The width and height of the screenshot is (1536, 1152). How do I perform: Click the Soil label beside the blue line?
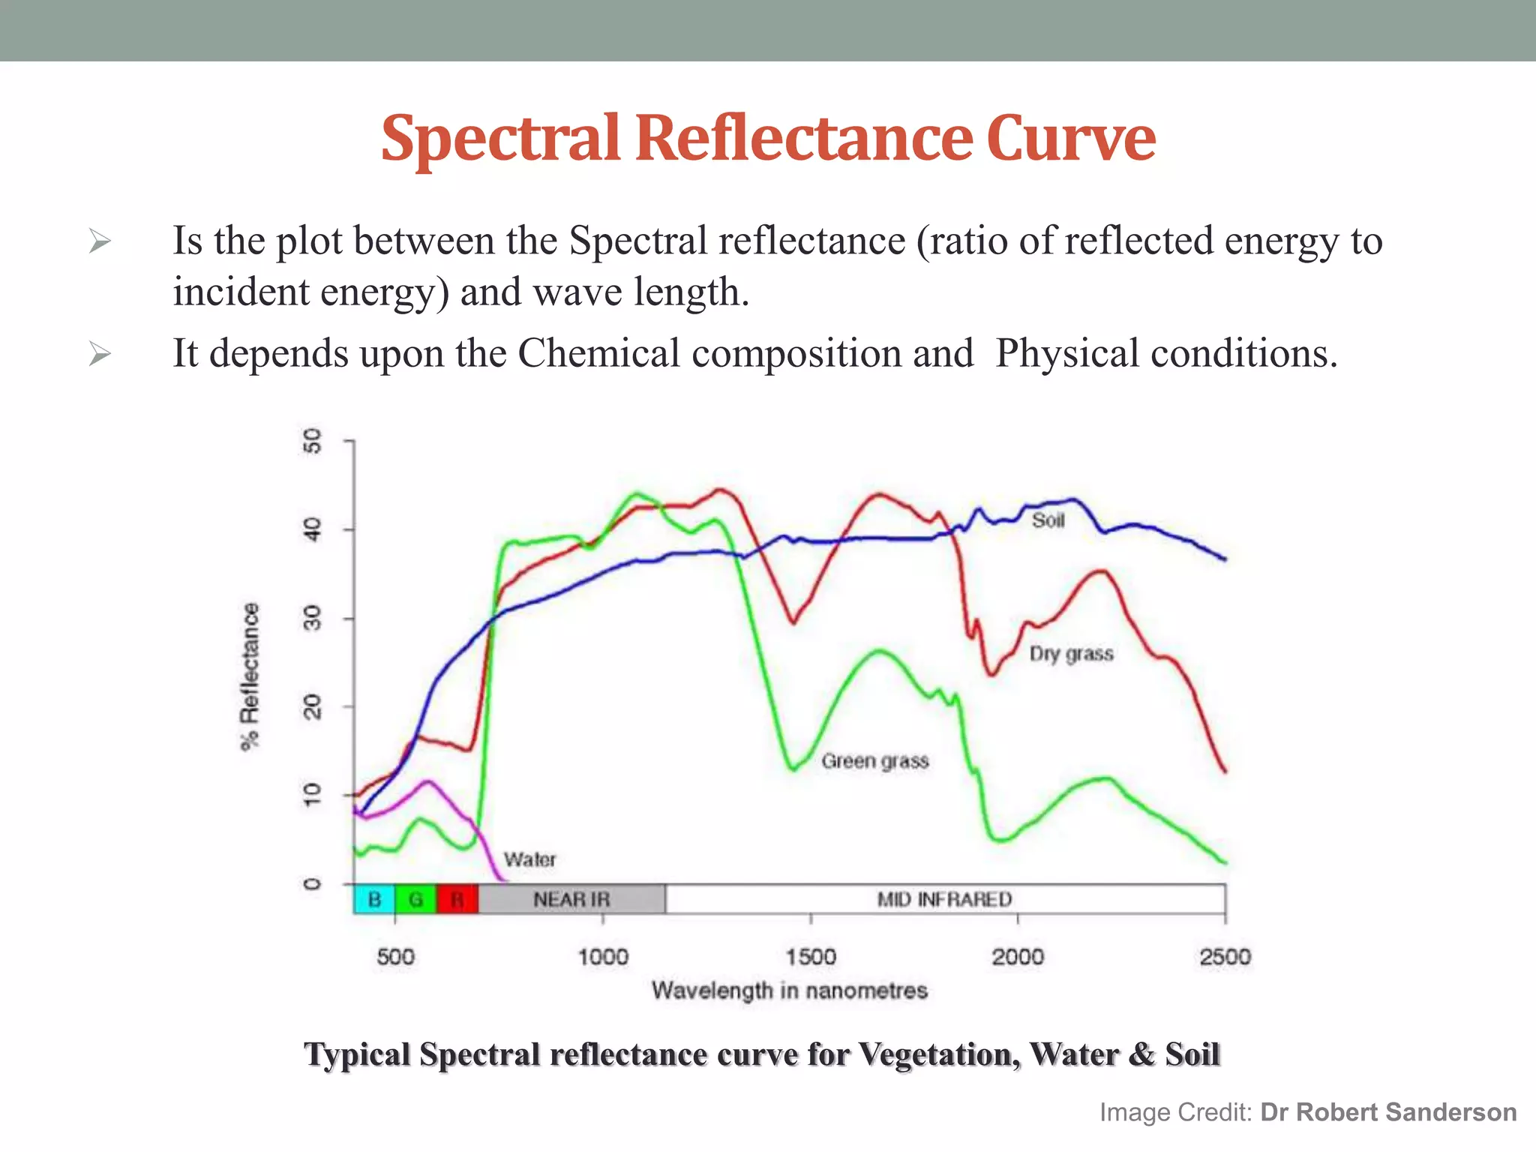(1048, 520)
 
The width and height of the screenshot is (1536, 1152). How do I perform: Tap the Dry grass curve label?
(1071, 654)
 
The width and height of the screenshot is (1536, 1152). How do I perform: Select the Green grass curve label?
(874, 761)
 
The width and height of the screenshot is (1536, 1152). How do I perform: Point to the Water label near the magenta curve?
(529, 859)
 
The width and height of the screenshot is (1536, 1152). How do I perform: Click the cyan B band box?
(373, 899)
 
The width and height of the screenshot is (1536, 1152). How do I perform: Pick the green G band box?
(415, 899)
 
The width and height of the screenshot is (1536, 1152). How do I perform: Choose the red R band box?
(457, 899)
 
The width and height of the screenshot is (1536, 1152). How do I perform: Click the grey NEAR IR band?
(571, 899)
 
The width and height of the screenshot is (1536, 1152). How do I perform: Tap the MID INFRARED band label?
(944, 899)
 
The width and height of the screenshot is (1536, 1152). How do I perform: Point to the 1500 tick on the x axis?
(811, 956)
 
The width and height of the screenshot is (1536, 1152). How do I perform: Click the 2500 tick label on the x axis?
(1225, 956)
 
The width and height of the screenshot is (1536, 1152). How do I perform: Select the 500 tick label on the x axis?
(395, 956)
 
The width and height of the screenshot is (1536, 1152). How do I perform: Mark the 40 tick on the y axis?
(313, 529)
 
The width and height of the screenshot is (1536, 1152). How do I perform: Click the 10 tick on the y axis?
(313, 794)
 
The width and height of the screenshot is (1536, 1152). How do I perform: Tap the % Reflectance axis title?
(250, 676)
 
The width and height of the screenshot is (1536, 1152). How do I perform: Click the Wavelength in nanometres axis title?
(789, 991)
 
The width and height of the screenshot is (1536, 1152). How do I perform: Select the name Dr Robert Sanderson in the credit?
(1388, 1111)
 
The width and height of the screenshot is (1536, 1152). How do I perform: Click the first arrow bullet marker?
(100, 241)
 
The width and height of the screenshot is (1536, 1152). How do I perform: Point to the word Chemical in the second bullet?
(598, 353)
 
